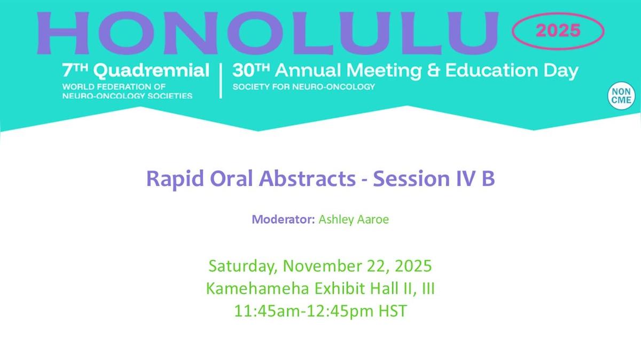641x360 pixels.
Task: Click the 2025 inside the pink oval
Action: pos(558,30)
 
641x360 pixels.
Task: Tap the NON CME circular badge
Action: pos(621,96)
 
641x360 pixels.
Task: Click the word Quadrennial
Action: pos(152,71)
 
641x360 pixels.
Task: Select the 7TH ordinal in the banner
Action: pos(75,70)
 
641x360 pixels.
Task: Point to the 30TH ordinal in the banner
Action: pos(251,70)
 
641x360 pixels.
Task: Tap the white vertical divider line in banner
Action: pos(221,81)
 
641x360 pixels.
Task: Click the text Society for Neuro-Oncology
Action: pos(303,87)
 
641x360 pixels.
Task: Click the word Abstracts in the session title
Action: pos(307,178)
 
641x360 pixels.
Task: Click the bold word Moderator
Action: pos(283,220)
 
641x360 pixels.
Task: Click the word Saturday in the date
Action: pos(243,266)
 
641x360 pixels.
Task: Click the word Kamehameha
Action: pos(258,288)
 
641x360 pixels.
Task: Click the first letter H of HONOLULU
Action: pos(63,33)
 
